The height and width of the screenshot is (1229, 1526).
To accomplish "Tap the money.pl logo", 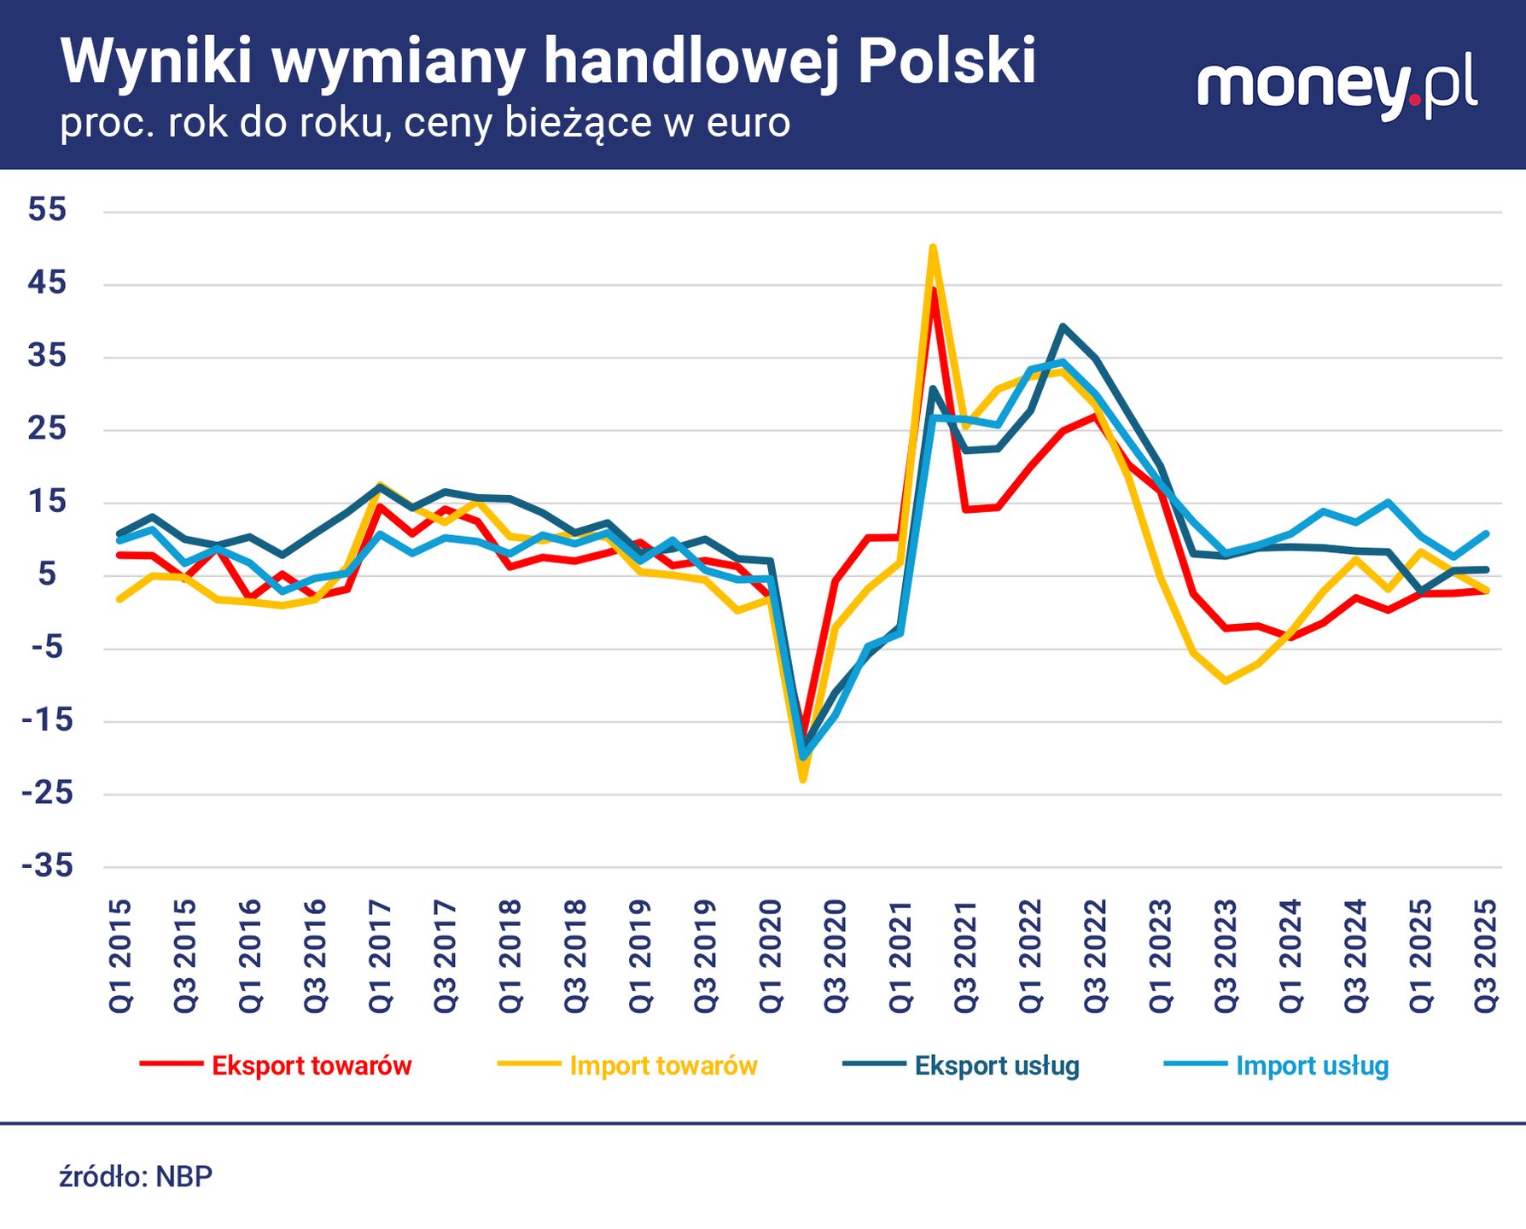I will pyautogui.click(x=1337, y=88).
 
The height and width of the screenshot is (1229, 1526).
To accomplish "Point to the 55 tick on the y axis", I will pyautogui.click(x=47, y=210).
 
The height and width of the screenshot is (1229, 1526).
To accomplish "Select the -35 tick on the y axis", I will pyautogui.click(x=47, y=867).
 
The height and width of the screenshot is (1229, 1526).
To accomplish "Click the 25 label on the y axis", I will pyautogui.click(x=47, y=428).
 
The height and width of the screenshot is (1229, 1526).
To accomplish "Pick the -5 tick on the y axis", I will pyautogui.click(x=47, y=648).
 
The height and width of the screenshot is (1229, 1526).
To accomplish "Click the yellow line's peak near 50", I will pyautogui.click(x=933, y=248).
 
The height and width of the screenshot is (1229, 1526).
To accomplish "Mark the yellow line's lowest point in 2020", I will pyautogui.click(x=802, y=779).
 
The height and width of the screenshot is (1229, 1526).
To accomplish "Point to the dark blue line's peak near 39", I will pyautogui.click(x=1063, y=326).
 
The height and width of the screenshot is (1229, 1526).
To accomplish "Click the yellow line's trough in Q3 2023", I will pyautogui.click(x=1226, y=681).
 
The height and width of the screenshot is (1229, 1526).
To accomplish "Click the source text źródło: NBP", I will pyautogui.click(x=136, y=1177).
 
